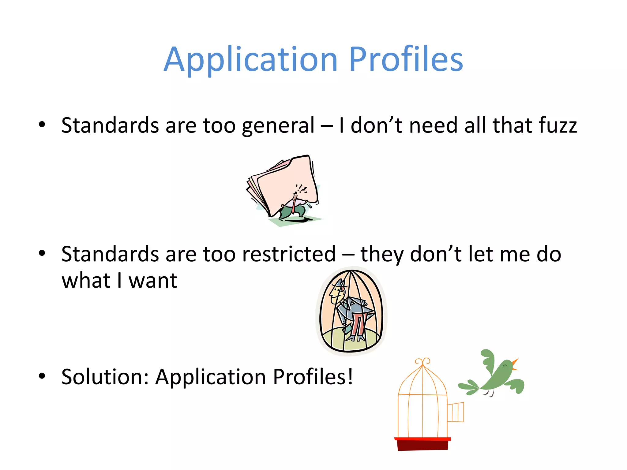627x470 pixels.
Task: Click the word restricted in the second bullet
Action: pos(289,254)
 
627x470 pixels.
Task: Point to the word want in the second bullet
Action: pos(153,281)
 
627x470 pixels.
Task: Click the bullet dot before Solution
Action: pos(42,376)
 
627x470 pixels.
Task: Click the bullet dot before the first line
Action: pos(42,125)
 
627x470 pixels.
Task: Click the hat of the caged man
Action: pos(340,283)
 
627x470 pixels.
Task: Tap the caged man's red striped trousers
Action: pos(358,326)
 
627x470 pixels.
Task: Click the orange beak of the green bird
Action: pos(515,364)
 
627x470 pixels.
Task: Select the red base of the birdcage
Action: pos(422,444)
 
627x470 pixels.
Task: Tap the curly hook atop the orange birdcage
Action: pos(423,361)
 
